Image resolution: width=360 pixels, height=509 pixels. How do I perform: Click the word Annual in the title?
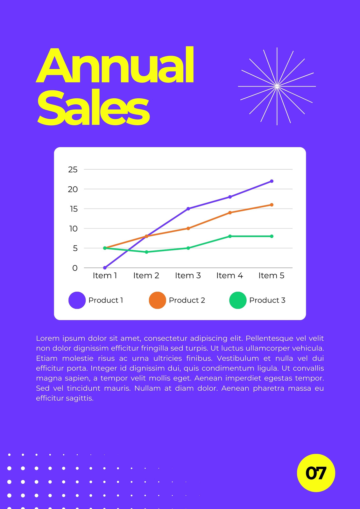click(x=115, y=65)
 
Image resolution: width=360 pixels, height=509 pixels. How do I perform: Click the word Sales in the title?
click(x=93, y=107)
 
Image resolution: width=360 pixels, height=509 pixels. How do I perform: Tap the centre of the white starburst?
click(x=277, y=86)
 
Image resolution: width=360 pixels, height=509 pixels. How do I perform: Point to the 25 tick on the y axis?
click(x=73, y=170)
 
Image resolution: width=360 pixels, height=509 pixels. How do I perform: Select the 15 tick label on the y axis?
click(x=74, y=209)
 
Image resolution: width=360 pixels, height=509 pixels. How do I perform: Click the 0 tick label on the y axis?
click(x=75, y=268)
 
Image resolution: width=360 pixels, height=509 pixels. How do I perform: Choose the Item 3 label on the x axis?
click(x=188, y=275)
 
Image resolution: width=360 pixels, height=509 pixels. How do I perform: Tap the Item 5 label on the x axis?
click(x=271, y=275)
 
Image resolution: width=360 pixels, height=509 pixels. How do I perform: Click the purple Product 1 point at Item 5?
click(x=272, y=181)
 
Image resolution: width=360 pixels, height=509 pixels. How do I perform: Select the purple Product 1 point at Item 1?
click(x=105, y=268)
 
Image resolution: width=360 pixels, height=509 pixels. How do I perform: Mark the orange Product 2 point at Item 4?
click(x=230, y=213)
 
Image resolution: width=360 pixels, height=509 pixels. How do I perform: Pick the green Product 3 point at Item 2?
click(x=146, y=252)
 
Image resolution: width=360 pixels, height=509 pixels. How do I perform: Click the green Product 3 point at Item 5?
click(x=272, y=236)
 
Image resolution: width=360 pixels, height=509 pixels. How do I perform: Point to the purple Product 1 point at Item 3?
click(x=188, y=209)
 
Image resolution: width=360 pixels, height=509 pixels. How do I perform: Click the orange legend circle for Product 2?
click(x=157, y=300)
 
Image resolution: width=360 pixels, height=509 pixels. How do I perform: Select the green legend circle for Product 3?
click(x=238, y=300)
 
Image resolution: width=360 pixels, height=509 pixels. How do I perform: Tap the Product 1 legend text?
click(x=106, y=300)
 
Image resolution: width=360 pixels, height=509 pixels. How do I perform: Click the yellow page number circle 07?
click(x=316, y=473)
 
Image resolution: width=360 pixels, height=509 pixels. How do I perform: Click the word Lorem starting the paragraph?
click(x=47, y=338)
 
